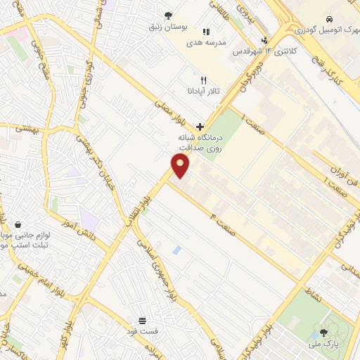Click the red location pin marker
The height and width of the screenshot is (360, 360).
pos(181,165)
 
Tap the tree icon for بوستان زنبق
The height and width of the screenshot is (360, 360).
pos(167,15)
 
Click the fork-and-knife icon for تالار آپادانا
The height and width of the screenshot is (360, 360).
pos(204,80)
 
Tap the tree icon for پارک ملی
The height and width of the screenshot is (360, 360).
pos(323,333)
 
